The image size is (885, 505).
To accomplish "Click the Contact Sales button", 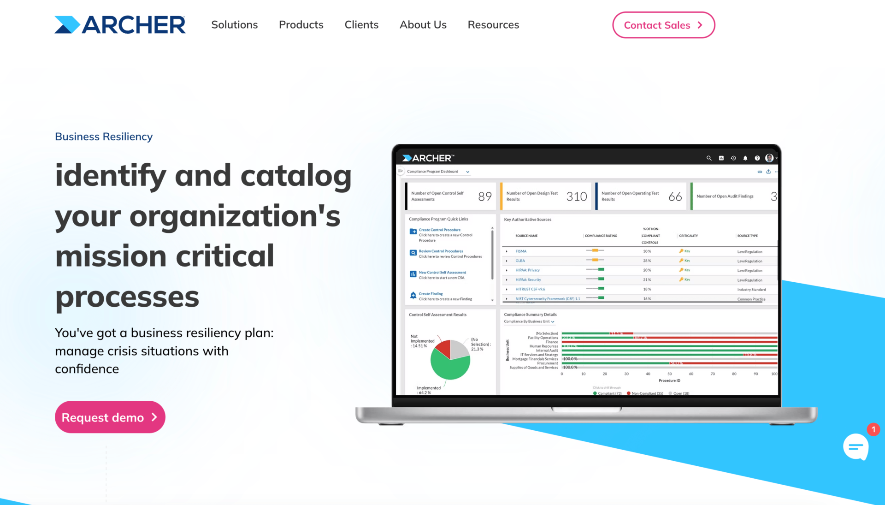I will tap(663, 25).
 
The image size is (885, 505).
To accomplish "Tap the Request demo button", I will tap(110, 417).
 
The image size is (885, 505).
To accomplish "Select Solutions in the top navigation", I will tap(234, 25).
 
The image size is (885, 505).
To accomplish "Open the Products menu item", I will tap(301, 25).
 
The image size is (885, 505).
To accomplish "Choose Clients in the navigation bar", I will tap(361, 25).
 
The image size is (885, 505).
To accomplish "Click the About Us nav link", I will tap(423, 25).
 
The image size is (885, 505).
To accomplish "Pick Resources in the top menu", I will tap(493, 25).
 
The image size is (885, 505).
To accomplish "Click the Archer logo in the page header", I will tap(120, 25).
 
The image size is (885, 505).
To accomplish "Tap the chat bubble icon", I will tap(856, 446).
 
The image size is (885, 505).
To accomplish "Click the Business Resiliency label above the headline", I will tap(104, 137).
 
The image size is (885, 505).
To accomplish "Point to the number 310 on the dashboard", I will tap(576, 197).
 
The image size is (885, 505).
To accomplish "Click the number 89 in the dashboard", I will tap(484, 197).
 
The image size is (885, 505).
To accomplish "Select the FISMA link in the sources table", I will tap(521, 251).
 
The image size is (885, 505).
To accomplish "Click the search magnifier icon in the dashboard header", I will tap(709, 158).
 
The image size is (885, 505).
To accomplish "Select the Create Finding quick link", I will tap(431, 294).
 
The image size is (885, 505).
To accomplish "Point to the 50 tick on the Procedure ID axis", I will tap(669, 374).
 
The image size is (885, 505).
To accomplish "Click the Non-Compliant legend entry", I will tap(647, 393).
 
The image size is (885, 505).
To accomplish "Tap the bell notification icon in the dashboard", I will tap(745, 158).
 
